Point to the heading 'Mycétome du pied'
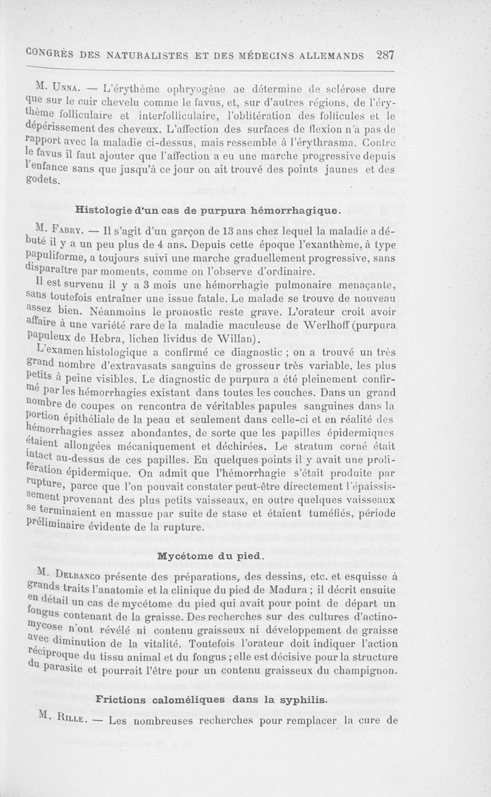pos(211,556)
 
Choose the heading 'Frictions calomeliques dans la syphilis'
pos(214,699)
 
